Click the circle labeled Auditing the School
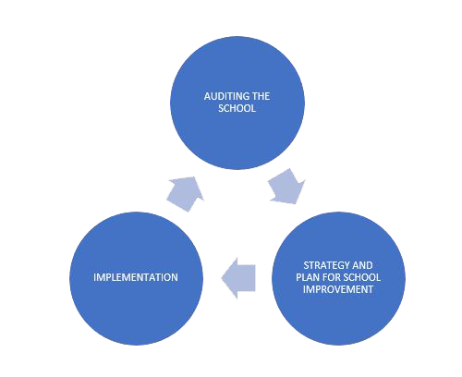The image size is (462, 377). pos(237,103)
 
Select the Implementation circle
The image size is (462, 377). pos(136,278)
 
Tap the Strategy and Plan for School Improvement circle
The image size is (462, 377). pos(338,278)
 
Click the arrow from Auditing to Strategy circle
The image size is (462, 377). pos(287,187)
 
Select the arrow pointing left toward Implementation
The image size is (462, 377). pos(238,278)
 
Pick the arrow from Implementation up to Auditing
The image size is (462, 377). pos(186,193)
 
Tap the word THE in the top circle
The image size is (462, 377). pos(261,96)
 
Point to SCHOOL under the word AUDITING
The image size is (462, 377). pos(237,108)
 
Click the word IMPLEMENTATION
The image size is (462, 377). pos(136,277)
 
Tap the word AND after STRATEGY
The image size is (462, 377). pos(362,265)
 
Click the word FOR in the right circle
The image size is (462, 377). pos(332,277)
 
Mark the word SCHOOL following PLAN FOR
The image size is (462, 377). pos(362,277)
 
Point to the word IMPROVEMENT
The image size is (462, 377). pos(338,289)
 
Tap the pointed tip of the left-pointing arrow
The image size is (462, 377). pos(222,278)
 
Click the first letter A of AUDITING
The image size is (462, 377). pos(207,96)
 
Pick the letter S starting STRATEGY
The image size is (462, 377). pos(306,265)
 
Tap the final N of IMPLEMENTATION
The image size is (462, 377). pos(175,277)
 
